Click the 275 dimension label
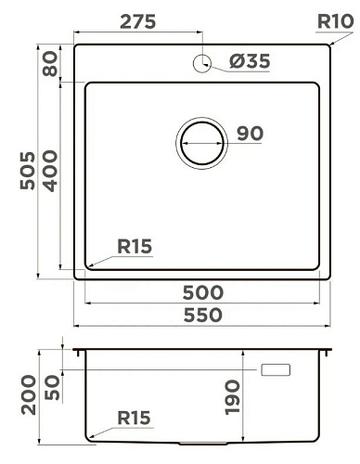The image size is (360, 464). point(138,22)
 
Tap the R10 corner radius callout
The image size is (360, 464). point(335,21)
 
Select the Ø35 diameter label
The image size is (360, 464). point(250,61)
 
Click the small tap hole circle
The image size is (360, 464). point(202,63)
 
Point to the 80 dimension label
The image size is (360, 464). point(50,64)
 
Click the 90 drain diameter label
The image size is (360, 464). point(250,134)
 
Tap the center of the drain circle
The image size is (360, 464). point(201,143)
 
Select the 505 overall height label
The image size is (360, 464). point(28,171)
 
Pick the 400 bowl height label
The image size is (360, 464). point(50,171)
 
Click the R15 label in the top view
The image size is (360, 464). point(135,247)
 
